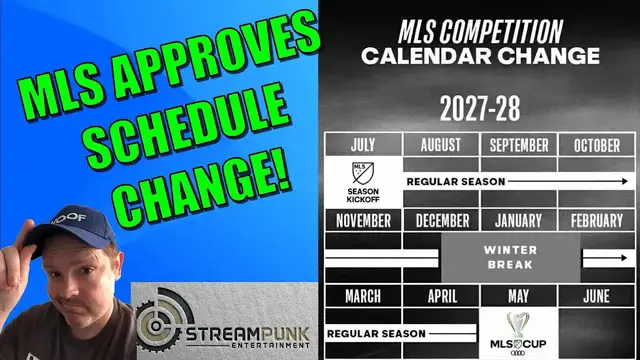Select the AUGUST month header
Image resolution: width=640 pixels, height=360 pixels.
441,145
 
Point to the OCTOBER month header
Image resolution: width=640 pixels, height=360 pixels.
597,145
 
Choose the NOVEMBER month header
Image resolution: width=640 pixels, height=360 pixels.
362,220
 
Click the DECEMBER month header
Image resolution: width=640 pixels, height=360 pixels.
441,220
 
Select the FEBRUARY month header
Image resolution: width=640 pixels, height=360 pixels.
597,220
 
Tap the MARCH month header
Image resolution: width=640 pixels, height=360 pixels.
362,296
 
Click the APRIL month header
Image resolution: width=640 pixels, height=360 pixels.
441,296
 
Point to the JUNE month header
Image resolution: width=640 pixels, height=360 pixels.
597,296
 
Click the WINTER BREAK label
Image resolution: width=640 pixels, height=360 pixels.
510,258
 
